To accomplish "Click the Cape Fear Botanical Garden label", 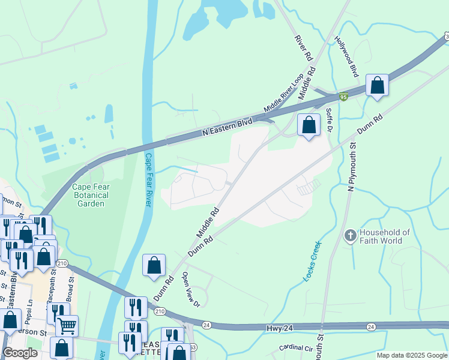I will coord(91,195).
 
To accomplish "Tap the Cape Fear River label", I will coord(148,180).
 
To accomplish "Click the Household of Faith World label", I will coord(384,236).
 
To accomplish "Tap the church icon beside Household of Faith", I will coord(351,236).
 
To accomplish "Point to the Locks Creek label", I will coord(313,261).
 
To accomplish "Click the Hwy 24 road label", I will coord(279,328).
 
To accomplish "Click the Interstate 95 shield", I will coord(343,97).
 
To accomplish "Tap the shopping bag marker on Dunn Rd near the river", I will coord(154,265).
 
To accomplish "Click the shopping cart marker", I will coord(67,326).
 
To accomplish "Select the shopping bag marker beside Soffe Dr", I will coord(309,125).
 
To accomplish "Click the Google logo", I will coord(20,353).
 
